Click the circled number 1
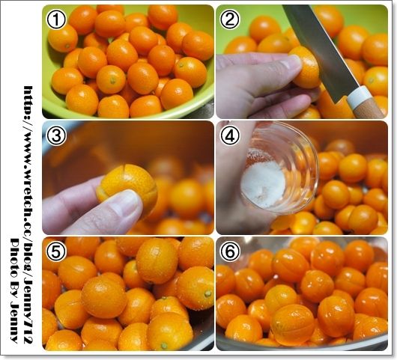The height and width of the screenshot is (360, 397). pyautogui.click(x=56, y=19)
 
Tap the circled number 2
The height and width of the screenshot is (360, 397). pyautogui.click(x=230, y=19)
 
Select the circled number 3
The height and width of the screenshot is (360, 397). pyautogui.click(x=56, y=136)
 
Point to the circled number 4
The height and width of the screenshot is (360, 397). pyautogui.click(x=230, y=136)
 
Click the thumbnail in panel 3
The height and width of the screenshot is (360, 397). pyautogui.click(x=126, y=202)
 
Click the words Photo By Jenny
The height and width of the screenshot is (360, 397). pyautogui.click(x=14, y=290)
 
